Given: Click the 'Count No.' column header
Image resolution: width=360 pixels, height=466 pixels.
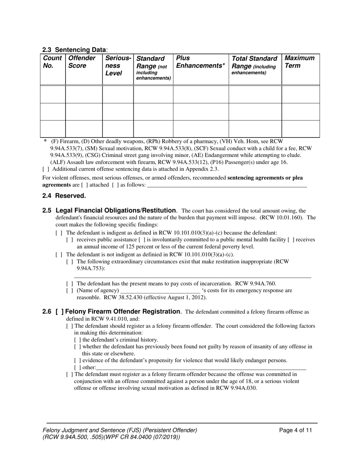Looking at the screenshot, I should coord(52,62).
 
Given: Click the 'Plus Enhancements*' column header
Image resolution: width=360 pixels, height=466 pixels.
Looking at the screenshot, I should coord(200,62).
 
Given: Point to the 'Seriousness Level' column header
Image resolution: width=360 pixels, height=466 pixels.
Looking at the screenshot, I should coord(117,66).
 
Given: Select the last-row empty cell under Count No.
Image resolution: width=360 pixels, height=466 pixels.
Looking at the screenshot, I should coord(53,129).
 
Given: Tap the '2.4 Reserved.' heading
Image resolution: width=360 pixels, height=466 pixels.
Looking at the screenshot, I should coord(64,196).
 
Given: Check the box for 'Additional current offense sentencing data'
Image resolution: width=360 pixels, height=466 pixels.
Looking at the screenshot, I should coord(46,169).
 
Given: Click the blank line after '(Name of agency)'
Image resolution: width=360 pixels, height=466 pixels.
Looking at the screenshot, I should coord(160,291).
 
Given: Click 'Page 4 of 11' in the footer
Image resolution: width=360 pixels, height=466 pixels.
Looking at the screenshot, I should coord(296,430).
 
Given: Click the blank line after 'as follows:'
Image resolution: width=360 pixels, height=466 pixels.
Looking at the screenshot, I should coord(227,185).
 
